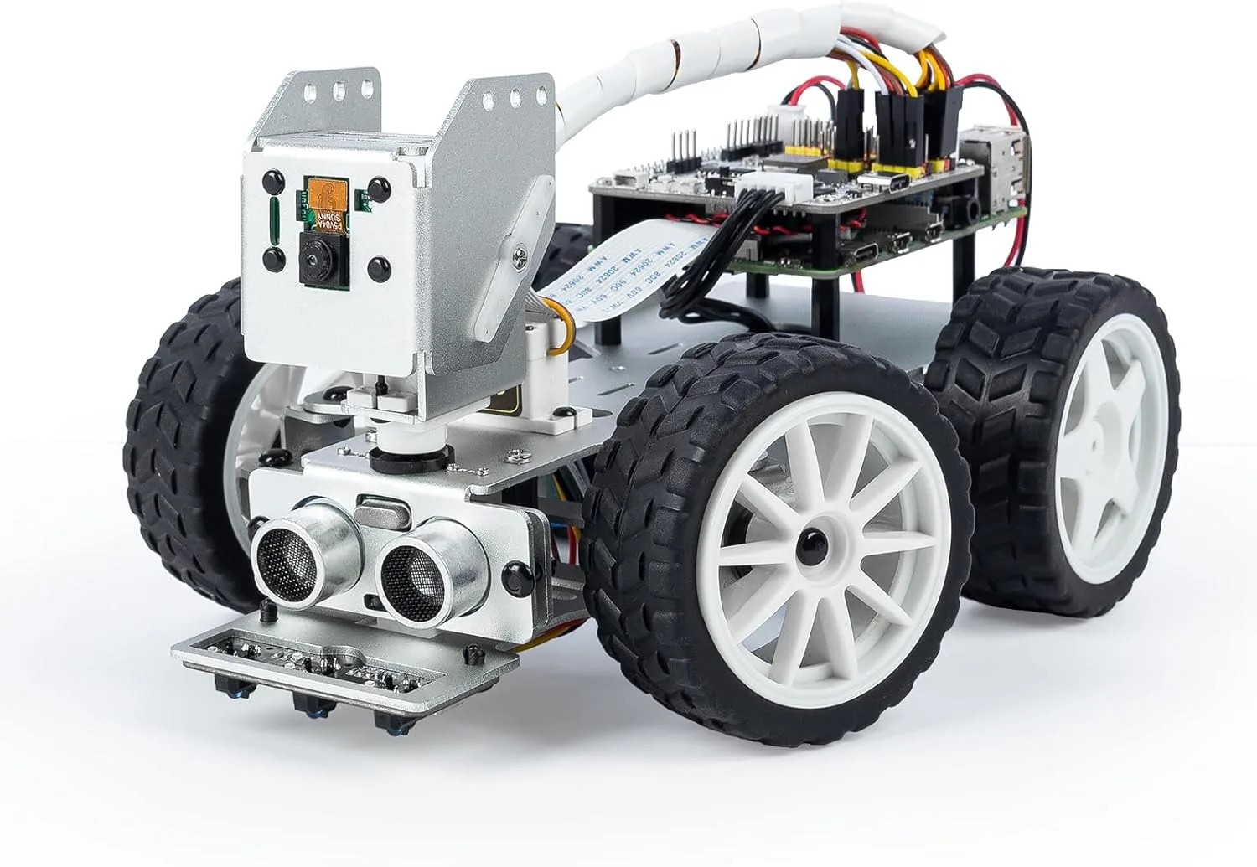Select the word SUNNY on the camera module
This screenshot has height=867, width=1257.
tap(322, 223)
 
